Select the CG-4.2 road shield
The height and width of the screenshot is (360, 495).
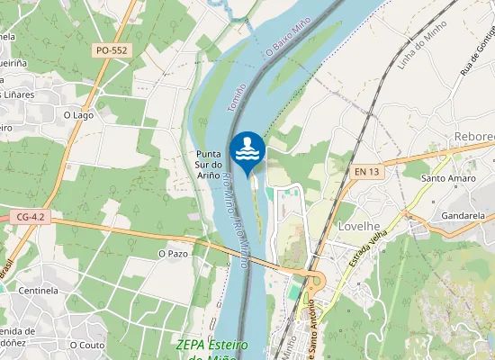[x=31, y=217]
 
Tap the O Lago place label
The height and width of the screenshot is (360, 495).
[x=78, y=114]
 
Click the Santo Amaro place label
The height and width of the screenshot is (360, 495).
[x=448, y=178]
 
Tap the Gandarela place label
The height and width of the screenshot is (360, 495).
[x=463, y=216]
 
